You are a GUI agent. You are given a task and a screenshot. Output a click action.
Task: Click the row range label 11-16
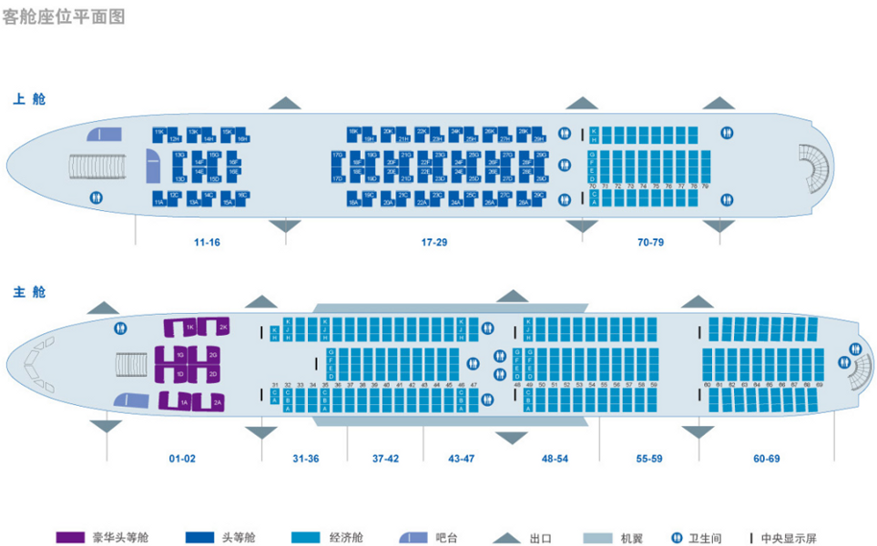pos(206,242)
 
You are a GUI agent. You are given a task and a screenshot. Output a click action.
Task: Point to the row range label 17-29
pos(433,242)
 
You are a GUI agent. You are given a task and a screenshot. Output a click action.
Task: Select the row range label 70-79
pos(650,242)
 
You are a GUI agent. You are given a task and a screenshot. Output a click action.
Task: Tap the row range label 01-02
pos(182,458)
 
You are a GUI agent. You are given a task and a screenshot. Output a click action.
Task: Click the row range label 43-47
pos(461,458)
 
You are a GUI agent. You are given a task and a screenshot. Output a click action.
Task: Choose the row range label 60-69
pos(767,458)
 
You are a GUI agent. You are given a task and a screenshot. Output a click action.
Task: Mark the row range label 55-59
pos(648,458)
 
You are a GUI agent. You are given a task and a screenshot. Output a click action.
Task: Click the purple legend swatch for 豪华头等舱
pos(69,537)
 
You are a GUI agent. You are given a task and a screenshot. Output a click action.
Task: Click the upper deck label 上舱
pos(28,98)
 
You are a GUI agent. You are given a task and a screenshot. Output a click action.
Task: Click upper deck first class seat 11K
pos(159,133)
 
